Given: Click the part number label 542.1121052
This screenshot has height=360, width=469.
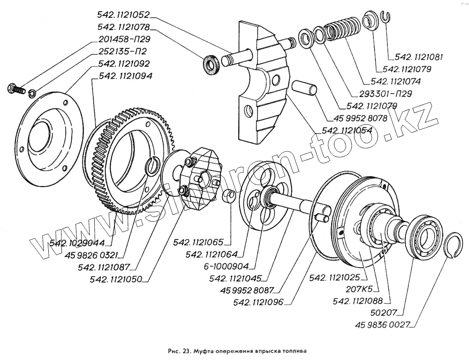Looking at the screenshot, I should [124, 15].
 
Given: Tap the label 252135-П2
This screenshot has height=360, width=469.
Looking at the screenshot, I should [124, 52].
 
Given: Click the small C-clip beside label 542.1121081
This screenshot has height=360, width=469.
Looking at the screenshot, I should [386, 17].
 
